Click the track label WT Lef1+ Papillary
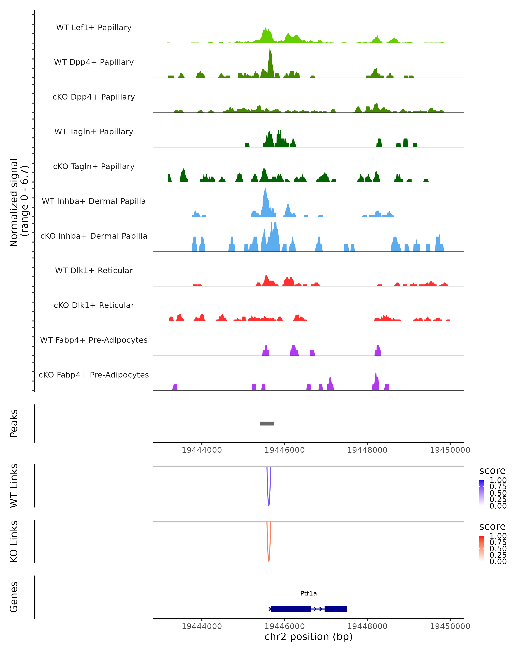pos(94,28)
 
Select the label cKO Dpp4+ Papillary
pos(94,97)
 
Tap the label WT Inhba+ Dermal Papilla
pos(94,201)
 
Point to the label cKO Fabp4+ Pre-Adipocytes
pos(94,375)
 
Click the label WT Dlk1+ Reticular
pos(94,270)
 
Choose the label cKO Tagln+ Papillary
pos(94,166)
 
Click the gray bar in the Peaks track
pos(267,423)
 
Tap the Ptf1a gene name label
pos(308,593)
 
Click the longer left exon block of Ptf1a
pos(291,609)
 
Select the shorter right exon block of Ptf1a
pos(335,609)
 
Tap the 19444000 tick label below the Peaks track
pos(202,450)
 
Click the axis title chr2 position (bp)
pos(308,637)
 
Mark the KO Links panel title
pos(14,541)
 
